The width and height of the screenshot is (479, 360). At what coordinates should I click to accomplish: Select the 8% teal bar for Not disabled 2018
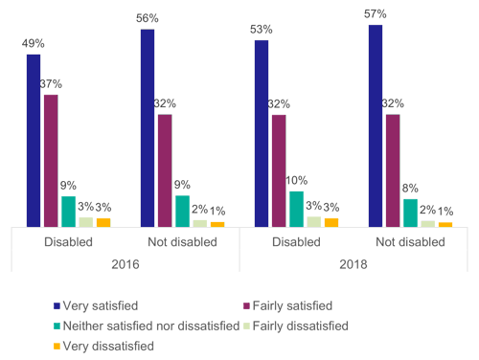click(410, 213)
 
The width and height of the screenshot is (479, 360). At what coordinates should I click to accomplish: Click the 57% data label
click(376, 13)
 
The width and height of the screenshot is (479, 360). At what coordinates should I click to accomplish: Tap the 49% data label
click(34, 43)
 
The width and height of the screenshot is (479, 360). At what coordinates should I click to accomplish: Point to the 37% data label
click(52, 83)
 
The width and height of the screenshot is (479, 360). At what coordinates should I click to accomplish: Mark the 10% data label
click(296, 180)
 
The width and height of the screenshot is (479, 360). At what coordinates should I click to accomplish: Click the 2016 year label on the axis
click(125, 263)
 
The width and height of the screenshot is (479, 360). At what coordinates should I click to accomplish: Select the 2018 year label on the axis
click(353, 263)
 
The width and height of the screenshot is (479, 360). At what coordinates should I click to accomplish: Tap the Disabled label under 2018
click(296, 242)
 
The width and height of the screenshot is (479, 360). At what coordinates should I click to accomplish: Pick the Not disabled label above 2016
click(182, 242)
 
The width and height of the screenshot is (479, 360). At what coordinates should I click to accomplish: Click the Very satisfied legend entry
click(99, 305)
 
